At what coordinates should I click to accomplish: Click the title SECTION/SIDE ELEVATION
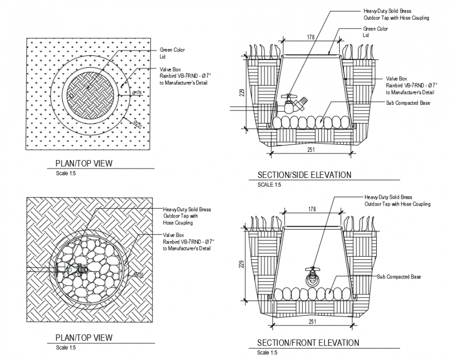pyautogui.click(x=304, y=175)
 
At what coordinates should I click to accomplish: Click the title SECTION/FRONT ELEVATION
pyautogui.click(x=308, y=343)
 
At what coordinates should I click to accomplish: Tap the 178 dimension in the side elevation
pyautogui.click(x=310, y=37)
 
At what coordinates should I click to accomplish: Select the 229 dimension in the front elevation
pyautogui.click(x=241, y=265)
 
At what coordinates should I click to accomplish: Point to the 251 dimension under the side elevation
pyautogui.click(x=310, y=149)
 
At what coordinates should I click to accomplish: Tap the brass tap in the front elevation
pyautogui.click(x=312, y=275)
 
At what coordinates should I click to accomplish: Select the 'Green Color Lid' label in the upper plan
pyautogui.click(x=172, y=53)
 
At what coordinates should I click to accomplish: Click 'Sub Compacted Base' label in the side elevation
pyautogui.click(x=408, y=103)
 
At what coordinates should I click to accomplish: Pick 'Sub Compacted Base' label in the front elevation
pyautogui.click(x=399, y=277)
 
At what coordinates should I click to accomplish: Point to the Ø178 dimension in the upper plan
pyautogui.click(x=137, y=93)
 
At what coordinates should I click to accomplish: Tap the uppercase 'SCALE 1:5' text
pyautogui.click(x=269, y=185)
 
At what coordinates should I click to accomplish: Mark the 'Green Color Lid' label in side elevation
pyautogui.click(x=376, y=32)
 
